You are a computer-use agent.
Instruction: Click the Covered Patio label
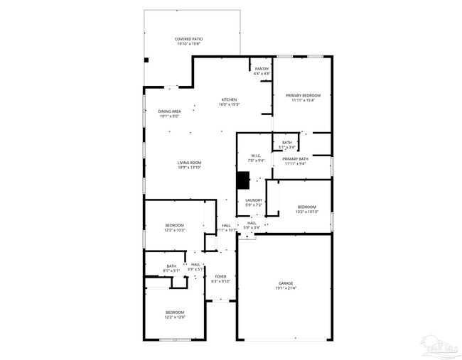pyautogui.click(x=189, y=39)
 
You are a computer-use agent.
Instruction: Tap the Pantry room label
pyautogui.click(x=262, y=69)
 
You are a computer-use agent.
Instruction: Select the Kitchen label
pyautogui.click(x=229, y=99)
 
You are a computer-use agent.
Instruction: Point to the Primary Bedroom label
pyautogui.click(x=303, y=95)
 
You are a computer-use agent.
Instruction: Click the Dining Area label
pyautogui.click(x=169, y=111)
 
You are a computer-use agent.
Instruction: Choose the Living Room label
pyautogui.click(x=190, y=163)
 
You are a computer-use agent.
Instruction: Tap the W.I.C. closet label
pyautogui.click(x=256, y=156)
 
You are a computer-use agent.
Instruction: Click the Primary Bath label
pyautogui.click(x=295, y=159)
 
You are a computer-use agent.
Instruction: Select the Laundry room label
pyautogui.click(x=254, y=200)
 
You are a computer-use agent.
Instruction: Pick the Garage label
pyautogui.click(x=285, y=283)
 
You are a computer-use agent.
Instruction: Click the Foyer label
pyautogui.click(x=221, y=276)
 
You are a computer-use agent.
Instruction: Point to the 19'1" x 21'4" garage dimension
pyautogui.click(x=285, y=288)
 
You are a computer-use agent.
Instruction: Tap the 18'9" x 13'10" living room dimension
pyautogui.click(x=190, y=168)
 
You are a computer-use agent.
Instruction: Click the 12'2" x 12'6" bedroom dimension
pyautogui.click(x=175, y=317)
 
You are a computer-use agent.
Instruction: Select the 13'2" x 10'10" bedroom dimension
pyautogui.click(x=307, y=212)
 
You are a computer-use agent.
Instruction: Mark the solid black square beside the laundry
pyautogui.click(x=243, y=181)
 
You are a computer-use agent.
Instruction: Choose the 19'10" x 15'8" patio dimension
pyautogui.click(x=189, y=44)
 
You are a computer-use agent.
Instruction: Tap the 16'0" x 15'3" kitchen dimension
pyautogui.click(x=229, y=104)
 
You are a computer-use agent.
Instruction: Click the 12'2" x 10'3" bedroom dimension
pyautogui.click(x=175, y=230)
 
